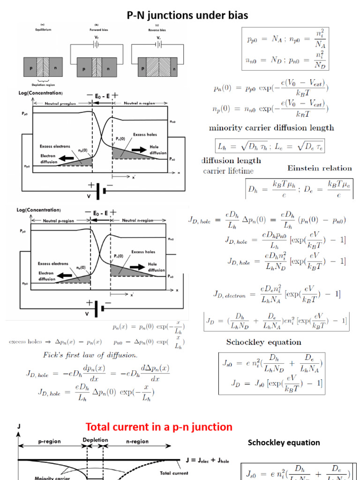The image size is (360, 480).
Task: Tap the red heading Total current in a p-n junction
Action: [x=159, y=427]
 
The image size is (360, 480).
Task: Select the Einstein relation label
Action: [x=319, y=168]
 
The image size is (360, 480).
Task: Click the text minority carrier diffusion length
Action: [x=271, y=127]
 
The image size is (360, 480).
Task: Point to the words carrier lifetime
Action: [x=228, y=171]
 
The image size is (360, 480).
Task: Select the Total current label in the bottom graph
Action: [x=174, y=473]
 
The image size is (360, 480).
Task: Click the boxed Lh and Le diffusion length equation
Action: [x=269, y=146]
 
